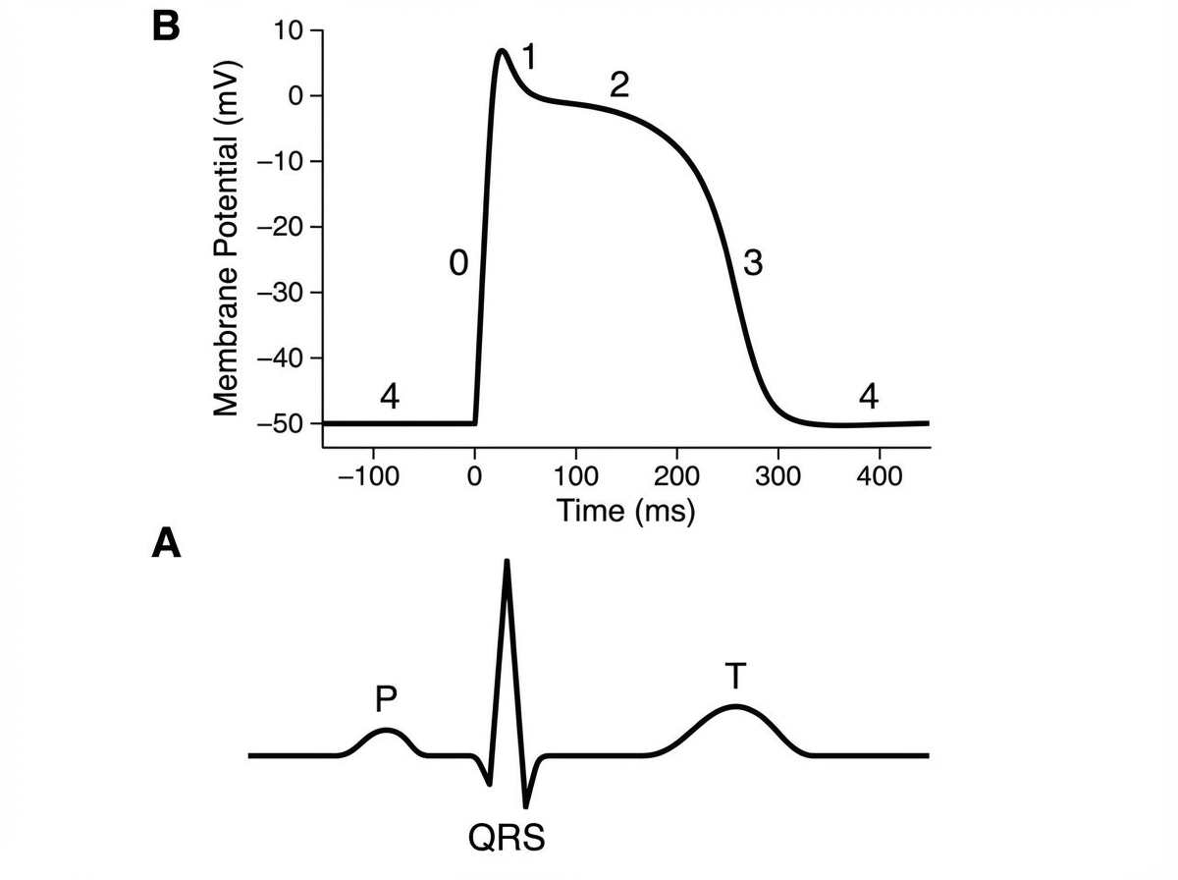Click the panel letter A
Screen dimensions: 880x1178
[x=167, y=543]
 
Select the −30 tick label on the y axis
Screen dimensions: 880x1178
[x=279, y=293]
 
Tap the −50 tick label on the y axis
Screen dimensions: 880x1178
[x=279, y=423]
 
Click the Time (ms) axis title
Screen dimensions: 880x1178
[x=625, y=511]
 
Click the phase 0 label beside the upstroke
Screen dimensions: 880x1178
[x=457, y=263]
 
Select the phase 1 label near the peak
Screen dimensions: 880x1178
[x=528, y=58]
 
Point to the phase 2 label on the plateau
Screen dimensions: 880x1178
[x=618, y=85]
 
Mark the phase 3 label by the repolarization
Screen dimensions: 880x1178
[x=753, y=263]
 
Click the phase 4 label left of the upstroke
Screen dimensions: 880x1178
[x=390, y=397]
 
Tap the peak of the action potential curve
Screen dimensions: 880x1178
[x=502, y=50]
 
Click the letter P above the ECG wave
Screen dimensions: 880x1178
[x=386, y=699]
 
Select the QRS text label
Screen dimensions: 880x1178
[x=506, y=839]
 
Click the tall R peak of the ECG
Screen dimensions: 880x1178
[x=507, y=562]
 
